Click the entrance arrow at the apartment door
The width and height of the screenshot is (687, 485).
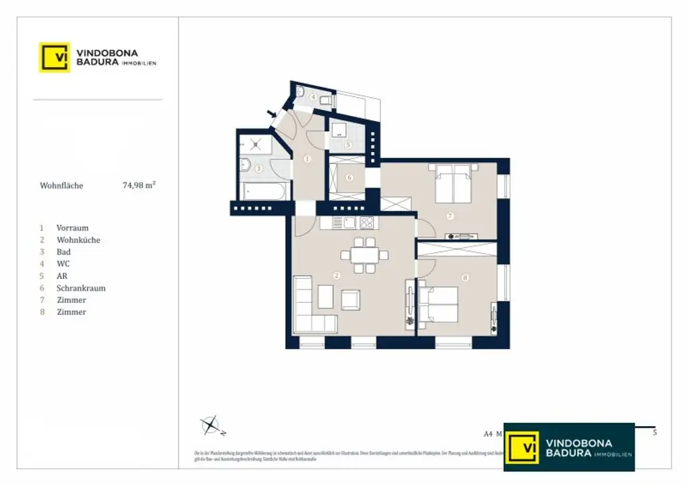point(272,115)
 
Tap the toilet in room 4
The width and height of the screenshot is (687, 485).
point(325,100)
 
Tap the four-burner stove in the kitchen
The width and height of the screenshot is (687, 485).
point(366,223)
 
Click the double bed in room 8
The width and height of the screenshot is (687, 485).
point(439,305)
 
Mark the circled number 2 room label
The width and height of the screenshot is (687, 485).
point(337,275)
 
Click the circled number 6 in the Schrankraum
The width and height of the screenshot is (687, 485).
point(349,178)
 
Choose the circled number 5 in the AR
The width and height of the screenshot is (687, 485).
point(348,144)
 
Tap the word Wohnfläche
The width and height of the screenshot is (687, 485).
point(62,186)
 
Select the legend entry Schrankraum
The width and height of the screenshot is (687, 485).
point(81,288)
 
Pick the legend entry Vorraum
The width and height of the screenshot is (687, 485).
point(72,228)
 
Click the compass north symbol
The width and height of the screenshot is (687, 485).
point(211,424)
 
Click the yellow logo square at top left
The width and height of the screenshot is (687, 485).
point(54,57)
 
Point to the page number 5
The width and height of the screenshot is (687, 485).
point(655,433)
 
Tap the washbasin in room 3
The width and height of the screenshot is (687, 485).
point(246,164)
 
